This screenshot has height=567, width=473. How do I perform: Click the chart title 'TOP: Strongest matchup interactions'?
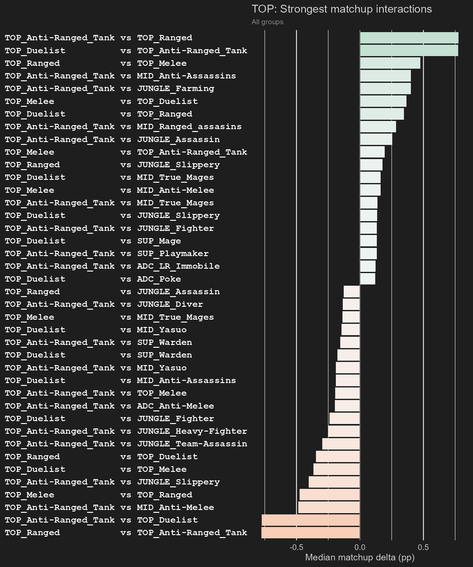342,9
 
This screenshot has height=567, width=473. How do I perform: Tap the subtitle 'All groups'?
267,22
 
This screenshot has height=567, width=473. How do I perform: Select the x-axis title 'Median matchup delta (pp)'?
360,557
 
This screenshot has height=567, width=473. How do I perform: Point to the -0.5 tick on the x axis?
296,547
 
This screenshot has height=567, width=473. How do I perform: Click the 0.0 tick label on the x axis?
360,547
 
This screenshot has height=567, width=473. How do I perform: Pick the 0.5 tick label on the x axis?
423,547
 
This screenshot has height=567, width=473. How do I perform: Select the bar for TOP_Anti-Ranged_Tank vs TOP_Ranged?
409,38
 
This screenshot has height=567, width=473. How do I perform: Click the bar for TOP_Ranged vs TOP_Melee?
390,63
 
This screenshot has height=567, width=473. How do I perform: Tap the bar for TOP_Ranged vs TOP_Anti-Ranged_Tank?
311,533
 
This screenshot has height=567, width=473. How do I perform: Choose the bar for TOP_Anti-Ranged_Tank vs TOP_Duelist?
311,520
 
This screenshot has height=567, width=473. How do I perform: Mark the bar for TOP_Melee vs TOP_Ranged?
330,495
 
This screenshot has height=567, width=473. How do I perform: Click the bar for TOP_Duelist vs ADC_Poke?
367,279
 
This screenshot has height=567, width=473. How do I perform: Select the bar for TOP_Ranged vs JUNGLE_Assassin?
352,292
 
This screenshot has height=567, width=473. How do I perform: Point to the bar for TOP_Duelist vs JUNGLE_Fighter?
345,419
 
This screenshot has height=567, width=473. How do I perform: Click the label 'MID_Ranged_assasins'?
189,127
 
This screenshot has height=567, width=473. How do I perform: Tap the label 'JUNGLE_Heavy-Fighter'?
192,431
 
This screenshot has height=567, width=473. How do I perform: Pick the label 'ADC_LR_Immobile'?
178,266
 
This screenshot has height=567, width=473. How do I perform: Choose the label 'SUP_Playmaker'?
173,254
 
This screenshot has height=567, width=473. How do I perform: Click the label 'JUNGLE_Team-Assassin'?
192,444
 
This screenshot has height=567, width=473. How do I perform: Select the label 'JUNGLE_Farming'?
176,89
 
